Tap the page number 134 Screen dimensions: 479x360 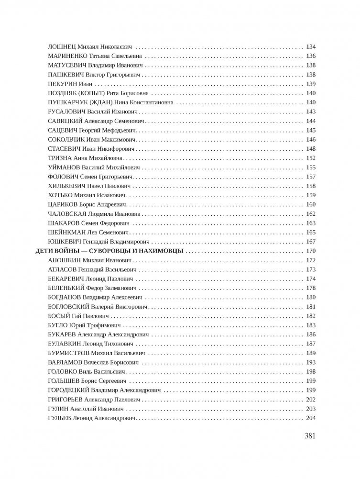311,47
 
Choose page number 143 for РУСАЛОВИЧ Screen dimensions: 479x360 311,111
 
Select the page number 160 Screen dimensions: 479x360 311,204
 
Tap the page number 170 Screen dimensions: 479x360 311,251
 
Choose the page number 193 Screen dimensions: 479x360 311,362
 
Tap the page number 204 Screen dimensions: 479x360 311,418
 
